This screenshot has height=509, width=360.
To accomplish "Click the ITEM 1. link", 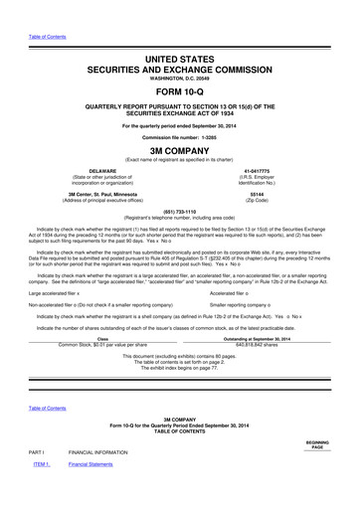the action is click(41, 491).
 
